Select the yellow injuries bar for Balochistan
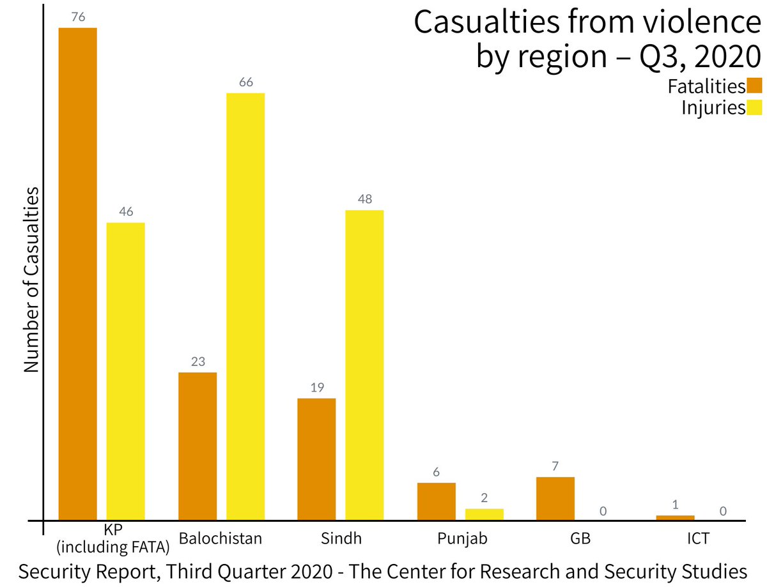click(x=245, y=306)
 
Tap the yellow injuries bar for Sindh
click(x=364, y=365)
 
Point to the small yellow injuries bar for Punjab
click(x=484, y=514)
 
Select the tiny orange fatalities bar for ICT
click(x=675, y=517)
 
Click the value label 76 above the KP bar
click(x=79, y=17)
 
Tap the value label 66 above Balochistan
click(x=246, y=82)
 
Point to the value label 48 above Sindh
click(x=365, y=199)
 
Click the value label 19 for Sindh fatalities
click(x=317, y=388)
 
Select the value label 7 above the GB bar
click(x=555, y=466)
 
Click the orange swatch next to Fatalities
click(x=755, y=86)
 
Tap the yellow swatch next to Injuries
click(x=755, y=107)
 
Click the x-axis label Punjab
click(x=462, y=538)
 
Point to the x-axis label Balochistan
click(x=221, y=538)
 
